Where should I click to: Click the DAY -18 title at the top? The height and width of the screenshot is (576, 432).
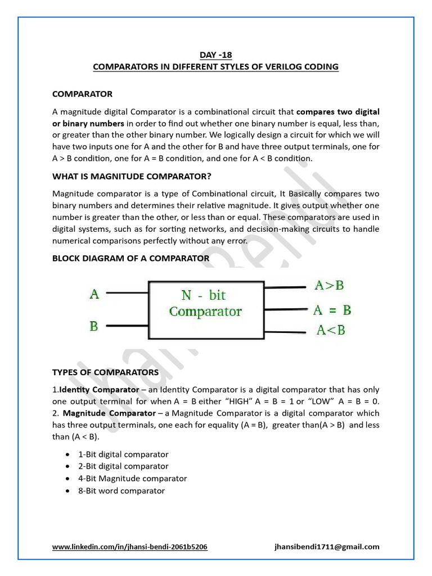tap(215, 55)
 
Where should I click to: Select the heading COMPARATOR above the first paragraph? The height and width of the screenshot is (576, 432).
tap(82, 93)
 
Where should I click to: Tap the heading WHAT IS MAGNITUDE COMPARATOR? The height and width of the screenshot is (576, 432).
tap(132, 176)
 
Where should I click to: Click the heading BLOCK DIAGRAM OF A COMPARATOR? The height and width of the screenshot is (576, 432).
tap(130, 258)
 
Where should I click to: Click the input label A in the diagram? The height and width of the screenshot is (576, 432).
tap(94, 294)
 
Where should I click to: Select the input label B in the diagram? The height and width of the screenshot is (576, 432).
tap(94, 325)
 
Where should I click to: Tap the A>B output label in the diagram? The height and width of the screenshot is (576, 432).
tap(329, 285)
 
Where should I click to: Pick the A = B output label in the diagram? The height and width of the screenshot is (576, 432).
tap(332, 310)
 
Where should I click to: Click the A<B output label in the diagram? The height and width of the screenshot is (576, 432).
tap(331, 330)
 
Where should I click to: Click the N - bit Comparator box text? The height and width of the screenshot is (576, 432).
tap(205, 303)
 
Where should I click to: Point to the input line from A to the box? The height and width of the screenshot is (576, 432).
tap(127, 293)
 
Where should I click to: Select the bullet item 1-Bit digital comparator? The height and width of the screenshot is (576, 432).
tap(124, 454)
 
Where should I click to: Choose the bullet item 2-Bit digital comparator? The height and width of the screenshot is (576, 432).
tap(124, 466)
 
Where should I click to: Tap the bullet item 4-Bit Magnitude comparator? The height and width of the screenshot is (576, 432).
tap(133, 479)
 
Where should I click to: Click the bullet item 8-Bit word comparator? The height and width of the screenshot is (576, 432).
tap(122, 491)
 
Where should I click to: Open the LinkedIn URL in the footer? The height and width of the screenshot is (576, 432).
tap(129, 547)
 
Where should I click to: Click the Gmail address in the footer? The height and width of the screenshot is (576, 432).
tap(327, 547)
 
